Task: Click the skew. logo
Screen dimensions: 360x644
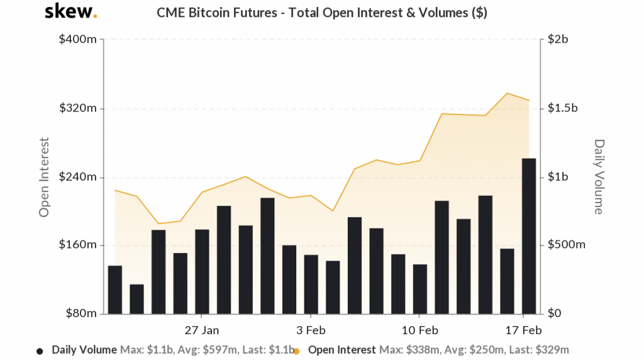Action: pos(71,12)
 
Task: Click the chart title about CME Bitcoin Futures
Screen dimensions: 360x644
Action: pos(321,13)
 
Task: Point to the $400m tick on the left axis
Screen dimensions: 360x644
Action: pos(78,40)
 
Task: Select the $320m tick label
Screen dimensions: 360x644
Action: pos(78,108)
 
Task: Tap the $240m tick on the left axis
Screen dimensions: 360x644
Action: pos(78,177)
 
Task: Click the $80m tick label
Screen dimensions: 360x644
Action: pos(80,313)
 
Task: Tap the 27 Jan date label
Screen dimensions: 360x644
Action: pos(202,330)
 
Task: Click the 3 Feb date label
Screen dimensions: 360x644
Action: pos(311,330)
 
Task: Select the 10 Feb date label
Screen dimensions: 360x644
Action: pos(419,330)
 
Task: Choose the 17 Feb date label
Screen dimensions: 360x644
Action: pos(523,330)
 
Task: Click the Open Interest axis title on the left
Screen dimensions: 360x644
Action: pos(44,177)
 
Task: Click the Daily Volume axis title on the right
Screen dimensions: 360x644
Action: pos(599,177)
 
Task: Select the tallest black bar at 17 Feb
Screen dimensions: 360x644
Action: pos(529,236)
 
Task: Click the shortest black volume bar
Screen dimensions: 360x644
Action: pos(136,299)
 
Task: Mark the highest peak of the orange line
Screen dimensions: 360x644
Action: pos(507,93)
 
